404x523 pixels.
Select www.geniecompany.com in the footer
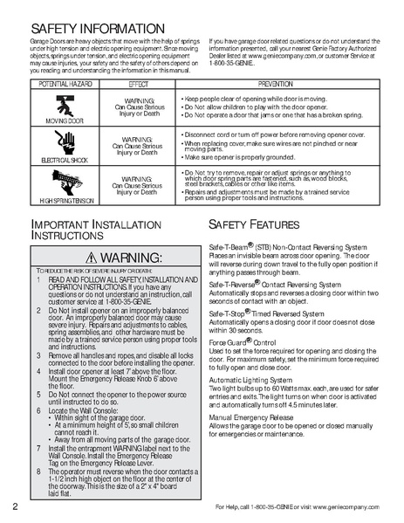click(x=358, y=508)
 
